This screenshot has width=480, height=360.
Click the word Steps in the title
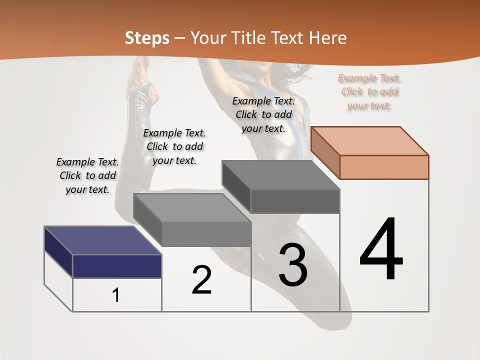pyautogui.click(x=146, y=38)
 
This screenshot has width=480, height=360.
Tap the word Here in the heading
pyautogui.click(x=328, y=38)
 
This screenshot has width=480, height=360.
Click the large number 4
pyautogui.click(x=381, y=250)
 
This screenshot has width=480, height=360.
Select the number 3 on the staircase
pyautogui.click(x=293, y=265)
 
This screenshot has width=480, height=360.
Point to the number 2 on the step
pyautogui.click(x=201, y=280)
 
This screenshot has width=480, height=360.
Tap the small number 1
pyautogui.click(x=116, y=295)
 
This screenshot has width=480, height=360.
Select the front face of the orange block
pyautogui.click(x=384, y=167)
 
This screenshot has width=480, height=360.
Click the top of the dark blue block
pyautogui.click(x=102, y=240)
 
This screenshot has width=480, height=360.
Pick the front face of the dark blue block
pyautogui.click(x=117, y=266)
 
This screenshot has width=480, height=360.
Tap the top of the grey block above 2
pyautogui.click(x=192, y=207)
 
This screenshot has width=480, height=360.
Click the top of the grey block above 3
pyautogui.click(x=280, y=175)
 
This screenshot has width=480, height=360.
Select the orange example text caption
pyautogui.click(x=369, y=92)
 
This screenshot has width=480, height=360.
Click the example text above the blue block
pyautogui.click(x=87, y=175)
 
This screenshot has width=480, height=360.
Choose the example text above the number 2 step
pyautogui.click(x=174, y=146)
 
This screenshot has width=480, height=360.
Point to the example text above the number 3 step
pyautogui.click(x=263, y=114)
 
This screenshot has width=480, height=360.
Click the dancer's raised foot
pyautogui.click(x=140, y=67)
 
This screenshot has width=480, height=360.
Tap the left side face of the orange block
pyautogui.click(x=325, y=152)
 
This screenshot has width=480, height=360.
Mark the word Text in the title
pyautogui.click(x=289, y=38)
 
